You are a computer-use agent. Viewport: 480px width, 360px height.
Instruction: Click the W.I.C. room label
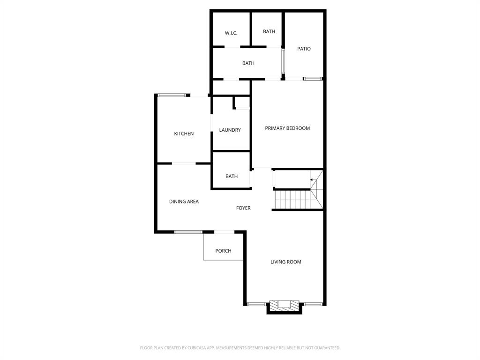(x=231, y=33)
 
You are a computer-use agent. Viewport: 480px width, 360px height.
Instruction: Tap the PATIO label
(x=304, y=49)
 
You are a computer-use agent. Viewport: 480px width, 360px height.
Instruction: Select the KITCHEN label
(x=184, y=134)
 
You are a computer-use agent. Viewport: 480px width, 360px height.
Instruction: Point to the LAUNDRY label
(x=230, y=130)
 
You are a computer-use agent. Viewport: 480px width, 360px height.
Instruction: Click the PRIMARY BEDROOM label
(x=287, y=128)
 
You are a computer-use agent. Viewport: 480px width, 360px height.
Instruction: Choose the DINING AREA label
(x=184, y=202)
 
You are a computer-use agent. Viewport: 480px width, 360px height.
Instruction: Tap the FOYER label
(x=243, y=208)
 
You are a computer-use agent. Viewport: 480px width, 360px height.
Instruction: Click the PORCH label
(x=223, y=251)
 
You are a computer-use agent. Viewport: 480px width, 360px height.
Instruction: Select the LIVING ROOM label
(x=285, y=262)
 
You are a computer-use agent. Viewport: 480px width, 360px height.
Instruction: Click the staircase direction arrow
(x=312, y=180)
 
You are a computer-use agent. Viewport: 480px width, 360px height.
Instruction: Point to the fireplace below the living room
(x=284, y=305)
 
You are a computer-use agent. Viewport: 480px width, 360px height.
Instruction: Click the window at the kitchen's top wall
(x=172, y=95)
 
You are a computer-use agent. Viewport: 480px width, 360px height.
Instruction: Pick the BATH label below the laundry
(x=232, y=176)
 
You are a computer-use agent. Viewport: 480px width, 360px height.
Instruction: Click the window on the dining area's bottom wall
(x=188, y=232)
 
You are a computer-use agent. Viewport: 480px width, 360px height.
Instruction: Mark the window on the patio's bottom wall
(x=313, y=79)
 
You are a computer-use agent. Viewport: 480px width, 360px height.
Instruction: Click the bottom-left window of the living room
(x=256, y=304)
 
